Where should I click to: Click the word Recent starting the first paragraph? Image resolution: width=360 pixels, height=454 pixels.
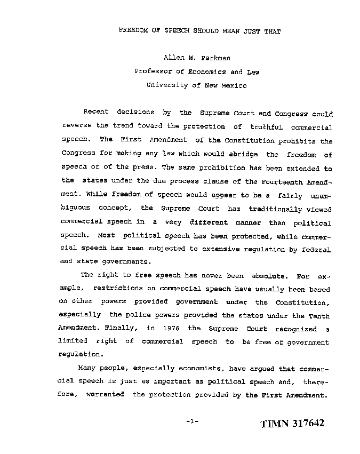click(x=96, y=113)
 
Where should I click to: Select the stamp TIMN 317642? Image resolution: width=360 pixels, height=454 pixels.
click(x=292, y=424)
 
